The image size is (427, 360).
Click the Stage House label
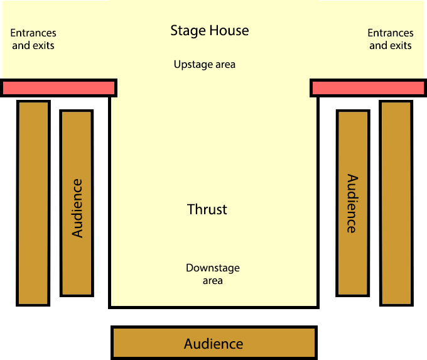(210, 31)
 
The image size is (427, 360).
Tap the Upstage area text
(205, 64)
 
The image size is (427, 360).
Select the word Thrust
(207, 209)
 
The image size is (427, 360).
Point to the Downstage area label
(213, 274)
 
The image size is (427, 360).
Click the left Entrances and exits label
(33, 39)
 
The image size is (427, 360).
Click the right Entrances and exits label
(391, 39)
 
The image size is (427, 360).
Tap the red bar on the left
(58, 87)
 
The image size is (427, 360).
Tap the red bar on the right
(368, 87)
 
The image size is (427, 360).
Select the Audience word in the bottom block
(213, 344)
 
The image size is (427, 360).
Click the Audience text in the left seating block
(77, 208)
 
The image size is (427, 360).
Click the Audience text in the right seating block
(352, 204)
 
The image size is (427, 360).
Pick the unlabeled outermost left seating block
(33, 202)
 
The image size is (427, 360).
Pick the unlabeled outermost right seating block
(396, 202)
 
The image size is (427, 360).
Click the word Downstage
(213, 268)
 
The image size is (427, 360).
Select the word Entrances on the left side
(33, 33)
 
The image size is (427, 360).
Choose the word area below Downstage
(213, 280)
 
